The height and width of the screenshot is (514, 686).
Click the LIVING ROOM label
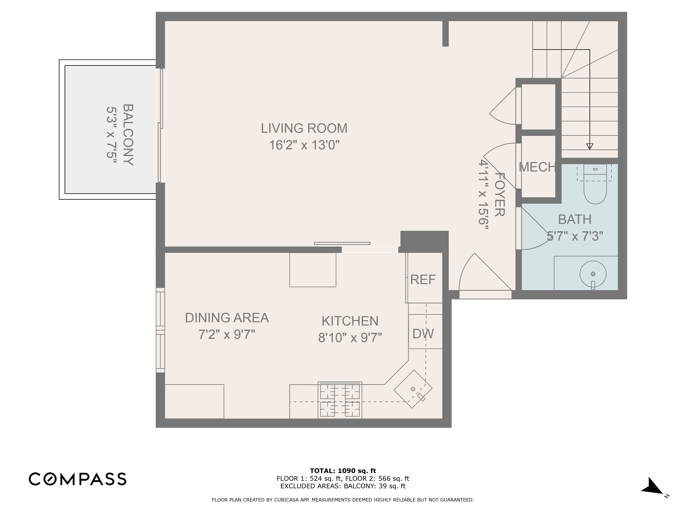(x=304, y=128)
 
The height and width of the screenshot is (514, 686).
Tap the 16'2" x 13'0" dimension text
(x=304, y=145)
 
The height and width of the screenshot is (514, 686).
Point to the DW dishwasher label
(x=423, y=334)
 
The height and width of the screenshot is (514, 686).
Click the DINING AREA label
(x=227, y=318)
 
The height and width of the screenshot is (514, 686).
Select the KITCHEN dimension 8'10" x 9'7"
(x=350, y=338)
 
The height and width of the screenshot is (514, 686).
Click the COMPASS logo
(x=78, y=479)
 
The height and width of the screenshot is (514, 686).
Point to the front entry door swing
(x=481, y=276)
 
